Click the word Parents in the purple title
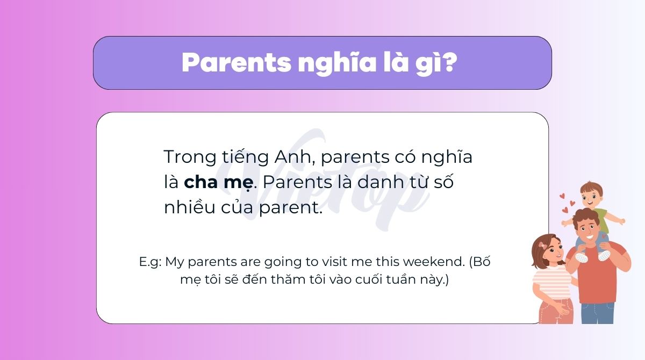point(236,62)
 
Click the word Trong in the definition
point(190,157)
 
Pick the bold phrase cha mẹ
point(219,183)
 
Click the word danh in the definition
point(380,182)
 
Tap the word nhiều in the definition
point(189,207)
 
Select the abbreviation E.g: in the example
point(150,262)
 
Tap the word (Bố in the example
point(479,262)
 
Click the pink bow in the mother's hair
point(543,246)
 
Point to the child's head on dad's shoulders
point(591,195)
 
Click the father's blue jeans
point(597,313)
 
